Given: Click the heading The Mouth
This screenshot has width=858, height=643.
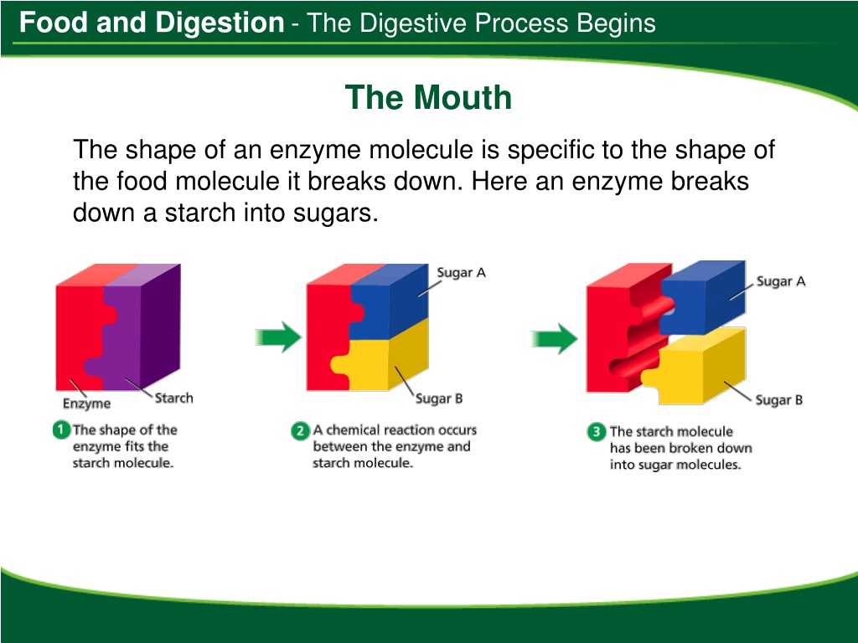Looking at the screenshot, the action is (x=428, y=97).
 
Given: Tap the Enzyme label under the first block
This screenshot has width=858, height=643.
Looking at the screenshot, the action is (x=86, y=404).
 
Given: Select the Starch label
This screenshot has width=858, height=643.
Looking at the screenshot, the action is (x=174, y=398).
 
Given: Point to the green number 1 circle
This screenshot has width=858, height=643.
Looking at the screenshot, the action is (x=61, y=430).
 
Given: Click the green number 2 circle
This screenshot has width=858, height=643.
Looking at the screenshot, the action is (x=301, y=431).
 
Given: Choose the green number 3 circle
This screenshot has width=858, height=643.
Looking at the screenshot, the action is (x=597, y=432).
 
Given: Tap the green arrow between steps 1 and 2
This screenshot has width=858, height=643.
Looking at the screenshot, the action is (x=278, y=337).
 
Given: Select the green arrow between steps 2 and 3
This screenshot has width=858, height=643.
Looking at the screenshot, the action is (x=555, y=338).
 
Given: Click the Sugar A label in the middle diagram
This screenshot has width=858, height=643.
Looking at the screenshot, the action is (x=462, y=272).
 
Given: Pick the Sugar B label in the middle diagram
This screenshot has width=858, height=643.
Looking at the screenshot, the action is (x=439, y=399).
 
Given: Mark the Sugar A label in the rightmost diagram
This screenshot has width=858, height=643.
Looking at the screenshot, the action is (x=781, y=281).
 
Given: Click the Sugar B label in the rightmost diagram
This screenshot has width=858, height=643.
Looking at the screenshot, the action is (x=778, y=400).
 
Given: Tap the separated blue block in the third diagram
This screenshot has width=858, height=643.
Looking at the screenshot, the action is (x=703, y=298).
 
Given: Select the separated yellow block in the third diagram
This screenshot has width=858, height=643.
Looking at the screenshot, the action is (x=695, y=367).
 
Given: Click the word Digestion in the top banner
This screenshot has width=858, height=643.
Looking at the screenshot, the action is (x=220, y=23).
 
